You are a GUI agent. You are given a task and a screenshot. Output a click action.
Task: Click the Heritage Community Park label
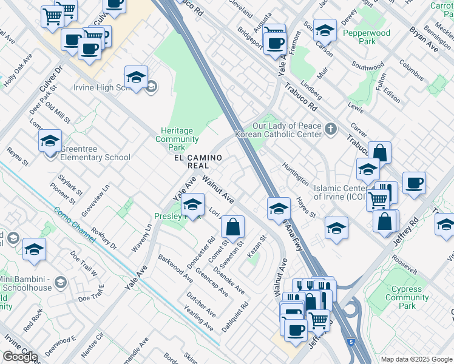point(177,139)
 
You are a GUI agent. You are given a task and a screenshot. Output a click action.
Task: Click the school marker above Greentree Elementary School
point(50,141)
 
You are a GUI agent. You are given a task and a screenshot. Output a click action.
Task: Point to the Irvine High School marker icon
point(136,78)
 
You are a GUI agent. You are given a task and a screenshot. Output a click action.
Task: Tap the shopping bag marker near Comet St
point(232,227)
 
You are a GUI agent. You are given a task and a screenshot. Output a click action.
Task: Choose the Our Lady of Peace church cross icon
point(330,129)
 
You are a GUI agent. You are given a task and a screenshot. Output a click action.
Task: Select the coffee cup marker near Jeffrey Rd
point(414,183)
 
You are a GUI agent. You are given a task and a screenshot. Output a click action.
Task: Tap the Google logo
point(20,357)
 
